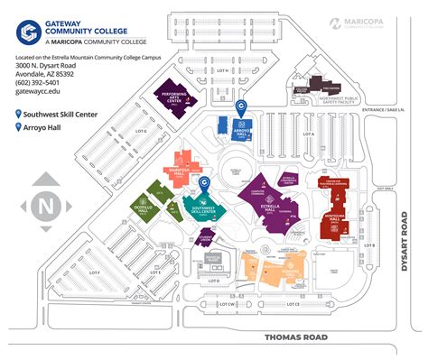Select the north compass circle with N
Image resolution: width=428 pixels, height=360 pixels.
pos(43,205)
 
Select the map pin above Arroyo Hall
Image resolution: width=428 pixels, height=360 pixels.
pos(240,106)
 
